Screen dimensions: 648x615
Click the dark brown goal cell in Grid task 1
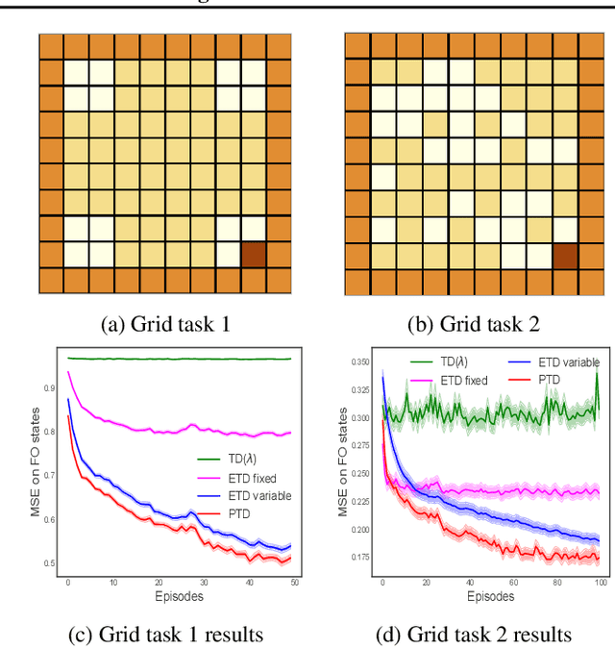254,255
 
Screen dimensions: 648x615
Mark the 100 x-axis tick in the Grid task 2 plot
600,584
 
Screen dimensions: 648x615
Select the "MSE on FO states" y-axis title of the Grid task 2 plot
344,461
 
